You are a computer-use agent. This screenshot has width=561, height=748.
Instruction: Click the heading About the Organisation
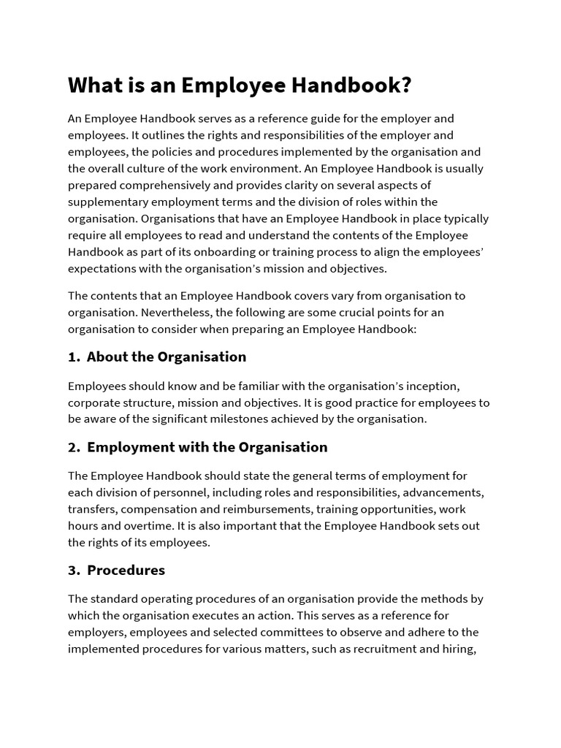167,357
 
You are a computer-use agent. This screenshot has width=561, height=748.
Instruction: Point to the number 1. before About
73,357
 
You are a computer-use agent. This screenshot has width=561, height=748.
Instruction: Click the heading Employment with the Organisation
207,447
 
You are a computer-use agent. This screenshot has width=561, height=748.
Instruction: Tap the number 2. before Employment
73,447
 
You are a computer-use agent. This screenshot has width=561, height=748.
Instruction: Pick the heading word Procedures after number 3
126,570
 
